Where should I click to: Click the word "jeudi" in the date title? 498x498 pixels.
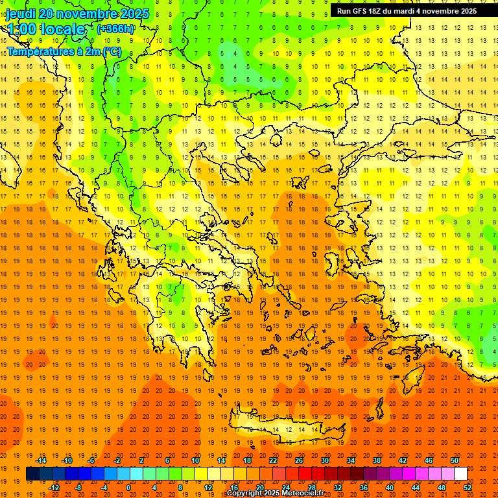coord(20,14)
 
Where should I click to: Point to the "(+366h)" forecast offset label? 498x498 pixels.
coord(115,29)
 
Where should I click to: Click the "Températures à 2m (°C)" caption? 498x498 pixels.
coord(64,51)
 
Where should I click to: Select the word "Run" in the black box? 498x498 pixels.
coord(344,11)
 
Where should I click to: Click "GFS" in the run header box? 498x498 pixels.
coord(362,11)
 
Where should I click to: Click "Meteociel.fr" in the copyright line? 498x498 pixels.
coord(301,493)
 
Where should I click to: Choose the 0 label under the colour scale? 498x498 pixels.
coord(128,487)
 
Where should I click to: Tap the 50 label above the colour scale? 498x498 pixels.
coord(454,460)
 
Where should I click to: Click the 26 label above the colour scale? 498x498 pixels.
coord(300,460)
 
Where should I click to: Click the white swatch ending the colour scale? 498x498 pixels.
coord(460,473)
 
